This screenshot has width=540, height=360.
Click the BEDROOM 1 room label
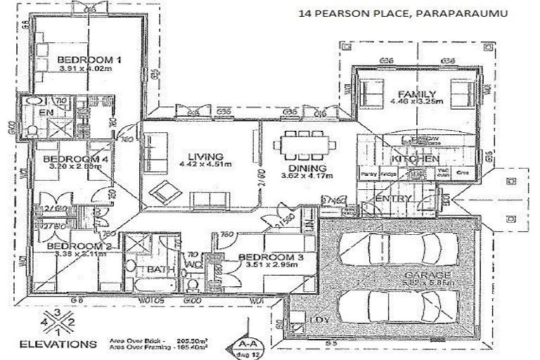click(x=89, y=60)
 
